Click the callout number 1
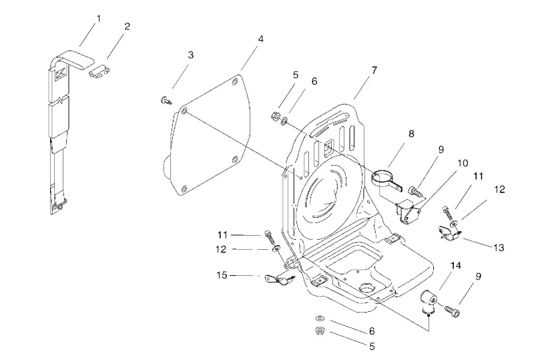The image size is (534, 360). pos(99,19)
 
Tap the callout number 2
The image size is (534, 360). pos(127,26)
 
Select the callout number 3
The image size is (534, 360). pos(191,55)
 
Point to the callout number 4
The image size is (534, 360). pos(260,39)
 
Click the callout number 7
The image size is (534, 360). pos(374,70)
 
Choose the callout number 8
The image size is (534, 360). pos(411,134)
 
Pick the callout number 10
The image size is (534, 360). pos(463,163)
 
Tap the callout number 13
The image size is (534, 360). pos(499,248)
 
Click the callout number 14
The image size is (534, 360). pos(456,265)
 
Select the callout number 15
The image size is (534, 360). pos(222,275)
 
